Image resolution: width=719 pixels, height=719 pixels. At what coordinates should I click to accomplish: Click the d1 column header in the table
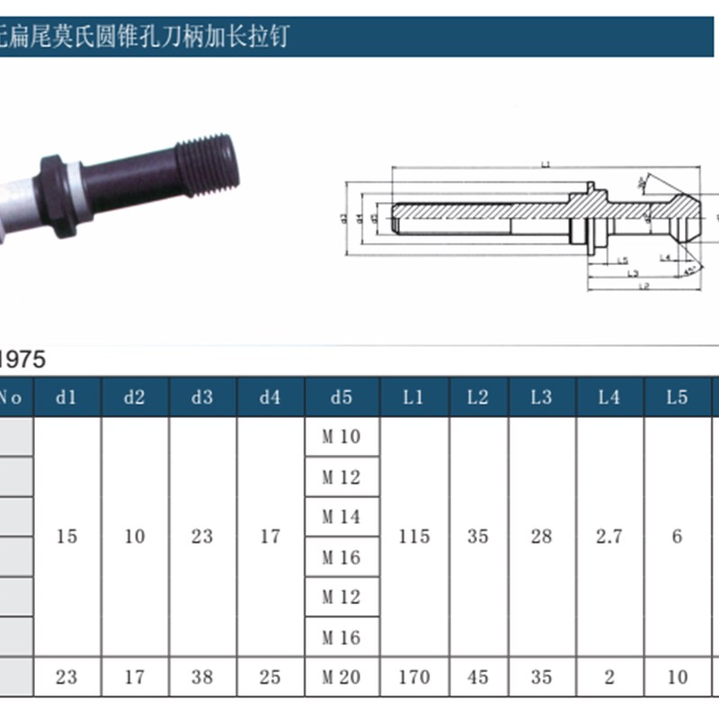coord(67,397)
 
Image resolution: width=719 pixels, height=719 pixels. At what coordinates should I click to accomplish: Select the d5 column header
coord(342,397)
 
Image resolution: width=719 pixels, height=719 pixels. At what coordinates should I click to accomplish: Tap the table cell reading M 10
coord(342,438)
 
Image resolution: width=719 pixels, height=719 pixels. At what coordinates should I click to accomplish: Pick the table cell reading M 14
coord(342,517)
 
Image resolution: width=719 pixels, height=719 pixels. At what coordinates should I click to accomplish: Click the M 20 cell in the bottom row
coord(342,677)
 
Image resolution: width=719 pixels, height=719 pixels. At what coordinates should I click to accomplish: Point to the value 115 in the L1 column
coord(413,537)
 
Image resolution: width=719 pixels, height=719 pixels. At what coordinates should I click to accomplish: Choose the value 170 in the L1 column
coord(413,677)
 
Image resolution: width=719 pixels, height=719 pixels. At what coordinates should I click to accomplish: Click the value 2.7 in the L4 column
coord(609,537)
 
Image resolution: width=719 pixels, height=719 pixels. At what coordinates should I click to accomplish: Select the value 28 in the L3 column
coord(541,537)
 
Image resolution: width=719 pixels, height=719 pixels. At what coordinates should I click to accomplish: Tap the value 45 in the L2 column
coord(477,677)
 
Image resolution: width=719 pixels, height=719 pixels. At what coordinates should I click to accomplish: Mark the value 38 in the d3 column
coord(202,677)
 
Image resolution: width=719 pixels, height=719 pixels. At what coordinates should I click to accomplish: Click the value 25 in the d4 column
coord(271,677)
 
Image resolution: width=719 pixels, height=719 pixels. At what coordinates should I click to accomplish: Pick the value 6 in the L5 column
coord(677,537)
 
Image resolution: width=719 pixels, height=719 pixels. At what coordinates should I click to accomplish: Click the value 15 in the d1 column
coord(67,537)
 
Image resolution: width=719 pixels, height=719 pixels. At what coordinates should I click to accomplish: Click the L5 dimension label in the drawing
coord(622,261)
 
